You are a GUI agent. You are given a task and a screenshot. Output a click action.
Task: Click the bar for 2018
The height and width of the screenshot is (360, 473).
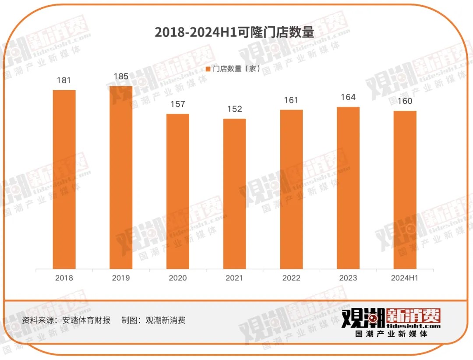pyautogui.click(x=64, y=179)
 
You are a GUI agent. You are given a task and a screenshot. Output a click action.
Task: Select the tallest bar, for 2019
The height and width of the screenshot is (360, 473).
pyautogui.click(x=121, y=177)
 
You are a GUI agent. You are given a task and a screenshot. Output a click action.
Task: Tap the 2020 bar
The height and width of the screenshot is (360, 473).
pyautogui.click(x=178, y=191)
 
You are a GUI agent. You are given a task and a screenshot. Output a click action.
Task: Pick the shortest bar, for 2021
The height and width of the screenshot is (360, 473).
pyautogui.click(x=235, y=194)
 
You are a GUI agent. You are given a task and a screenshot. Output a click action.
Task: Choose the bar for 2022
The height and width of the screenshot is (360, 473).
pyautogui.click(x=291, y=189)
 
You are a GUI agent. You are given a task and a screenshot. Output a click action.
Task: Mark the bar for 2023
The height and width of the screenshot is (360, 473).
pyautogui.click(x=348, y=188)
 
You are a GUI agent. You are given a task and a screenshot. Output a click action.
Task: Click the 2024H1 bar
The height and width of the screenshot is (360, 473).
pyautogui.click(x=405, y=190)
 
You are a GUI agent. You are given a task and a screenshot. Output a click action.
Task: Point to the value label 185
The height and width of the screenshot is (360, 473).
pyautogui.click(x=121, y=77)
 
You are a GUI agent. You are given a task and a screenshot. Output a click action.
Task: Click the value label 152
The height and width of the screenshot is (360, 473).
pyautogui.click(x=235, y=109)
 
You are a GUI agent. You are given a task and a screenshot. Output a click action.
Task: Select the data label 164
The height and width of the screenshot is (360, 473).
pyautogui.click(x=348, y=97)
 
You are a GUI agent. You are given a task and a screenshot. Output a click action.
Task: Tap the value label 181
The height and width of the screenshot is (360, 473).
pyautogui.click(x=64, y=81)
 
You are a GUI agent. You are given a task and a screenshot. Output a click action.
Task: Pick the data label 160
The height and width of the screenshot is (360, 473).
pyautogui.click(x=405, y=101)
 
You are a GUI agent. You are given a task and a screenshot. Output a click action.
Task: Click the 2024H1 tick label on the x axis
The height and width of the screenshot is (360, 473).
pyautogui.click(x=405, y=278)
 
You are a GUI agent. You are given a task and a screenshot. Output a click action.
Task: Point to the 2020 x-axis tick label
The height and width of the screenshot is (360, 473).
pyautogui.click(x=178, y=278)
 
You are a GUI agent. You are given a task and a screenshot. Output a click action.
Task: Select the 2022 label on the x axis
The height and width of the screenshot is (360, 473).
pyautogui.click(x=291, y=278)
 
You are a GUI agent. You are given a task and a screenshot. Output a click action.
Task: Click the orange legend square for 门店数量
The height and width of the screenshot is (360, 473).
pyautogui.click(x=208, y=69)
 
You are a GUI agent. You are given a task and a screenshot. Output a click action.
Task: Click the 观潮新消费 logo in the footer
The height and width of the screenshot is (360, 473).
pyautogui.click(x=391, y=322)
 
